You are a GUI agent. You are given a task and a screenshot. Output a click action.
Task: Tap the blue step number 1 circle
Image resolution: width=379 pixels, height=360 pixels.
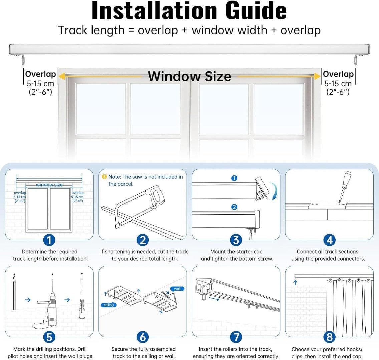pos(49,240)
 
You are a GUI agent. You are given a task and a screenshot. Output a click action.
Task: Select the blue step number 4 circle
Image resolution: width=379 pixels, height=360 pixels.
pos(329,240)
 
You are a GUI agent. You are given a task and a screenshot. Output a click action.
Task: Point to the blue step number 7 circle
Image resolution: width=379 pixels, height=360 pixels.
pos(236,337)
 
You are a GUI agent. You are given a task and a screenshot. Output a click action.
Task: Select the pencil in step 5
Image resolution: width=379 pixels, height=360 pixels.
pos(14,292)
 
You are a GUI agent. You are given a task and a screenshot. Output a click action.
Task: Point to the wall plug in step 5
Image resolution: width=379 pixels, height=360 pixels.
pos(82,309)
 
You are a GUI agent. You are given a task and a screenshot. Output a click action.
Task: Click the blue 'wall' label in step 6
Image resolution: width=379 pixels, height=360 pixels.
pos(177,289)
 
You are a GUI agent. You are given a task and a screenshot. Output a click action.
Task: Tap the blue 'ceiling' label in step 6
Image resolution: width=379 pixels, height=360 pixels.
pos(109,305)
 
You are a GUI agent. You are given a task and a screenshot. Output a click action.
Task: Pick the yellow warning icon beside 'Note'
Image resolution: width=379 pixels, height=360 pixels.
pos(104,177)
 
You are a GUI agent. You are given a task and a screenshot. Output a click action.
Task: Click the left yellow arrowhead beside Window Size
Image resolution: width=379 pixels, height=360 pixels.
pos(62,76)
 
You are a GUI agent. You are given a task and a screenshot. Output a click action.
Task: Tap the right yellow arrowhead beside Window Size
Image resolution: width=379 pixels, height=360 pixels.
pos(317,76)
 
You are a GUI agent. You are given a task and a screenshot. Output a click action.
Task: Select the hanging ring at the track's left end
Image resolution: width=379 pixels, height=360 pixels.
pos(23,60)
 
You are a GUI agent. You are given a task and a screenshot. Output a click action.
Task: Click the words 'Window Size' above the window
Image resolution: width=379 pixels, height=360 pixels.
pos(190,76)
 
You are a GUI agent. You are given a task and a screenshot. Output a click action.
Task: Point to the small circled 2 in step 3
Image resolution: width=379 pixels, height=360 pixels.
pos(234,207)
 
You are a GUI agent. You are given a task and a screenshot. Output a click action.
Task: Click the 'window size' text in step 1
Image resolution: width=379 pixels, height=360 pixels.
pos(49,185)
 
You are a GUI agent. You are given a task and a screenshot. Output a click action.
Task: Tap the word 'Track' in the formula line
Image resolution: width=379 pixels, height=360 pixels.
pos(73,30)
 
